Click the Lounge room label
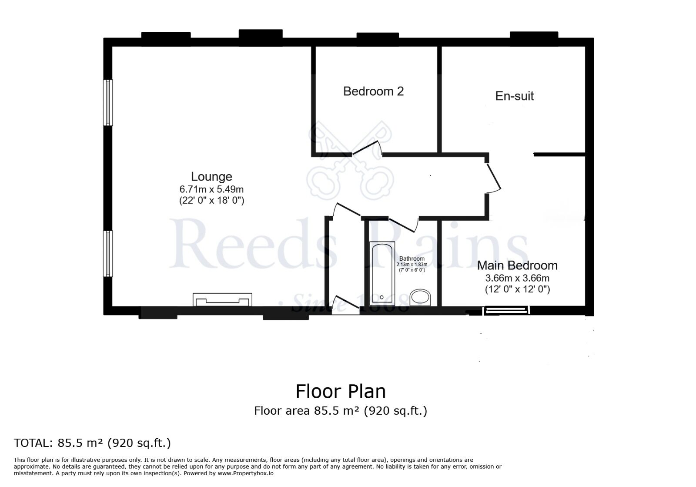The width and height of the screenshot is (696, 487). pyautogui.click(x=211, y=177)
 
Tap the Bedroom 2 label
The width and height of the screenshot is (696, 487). pyautogui.click(x=373, y=91)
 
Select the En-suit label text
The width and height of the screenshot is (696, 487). pyautogui.click(x=514, y=96)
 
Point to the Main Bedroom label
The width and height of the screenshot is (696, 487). pyautogui.click(x=517, y=265)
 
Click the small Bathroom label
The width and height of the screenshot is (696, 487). pyautogui.click(x=412, y=259)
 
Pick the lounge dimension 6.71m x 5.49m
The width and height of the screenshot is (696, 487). pyautogui.click(x=211, y=189)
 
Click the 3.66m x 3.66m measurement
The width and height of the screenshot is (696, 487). pyautogui.click(x=517, y=278)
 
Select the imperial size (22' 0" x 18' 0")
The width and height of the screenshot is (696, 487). pyautogui.click(x=211, y=201)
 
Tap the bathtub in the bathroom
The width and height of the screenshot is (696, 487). pyautogui.click(x=382, y=273)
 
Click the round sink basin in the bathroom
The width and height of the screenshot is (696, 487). pyautogui.click(x=420, y=297)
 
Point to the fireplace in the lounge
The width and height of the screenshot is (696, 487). pyautogui.click(x=222, y=299)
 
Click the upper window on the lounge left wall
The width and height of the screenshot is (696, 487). pyautogui.click(x=108, y=102)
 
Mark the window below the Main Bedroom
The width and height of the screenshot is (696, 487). pyautogui.click(x=507, y=310)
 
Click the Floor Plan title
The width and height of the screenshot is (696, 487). pyautogui.click(x=341, y=391)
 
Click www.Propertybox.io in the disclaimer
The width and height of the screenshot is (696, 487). pyautogui.click(x=245, y=473)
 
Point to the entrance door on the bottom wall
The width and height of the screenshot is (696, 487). pyautogui.click(x=345, y=304)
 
